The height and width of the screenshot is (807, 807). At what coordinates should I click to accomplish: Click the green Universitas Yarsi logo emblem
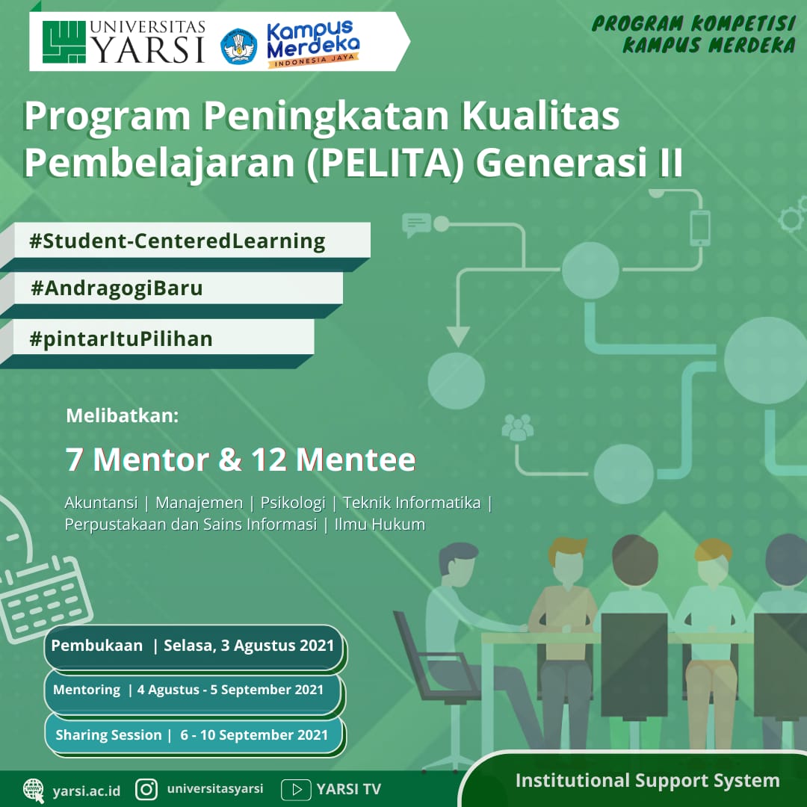click(64, 42)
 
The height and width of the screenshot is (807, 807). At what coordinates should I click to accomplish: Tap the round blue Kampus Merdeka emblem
click(239, 46)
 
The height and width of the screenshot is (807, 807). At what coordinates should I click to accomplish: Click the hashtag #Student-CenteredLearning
click(178, 241)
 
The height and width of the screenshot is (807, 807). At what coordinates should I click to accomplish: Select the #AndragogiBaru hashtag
click(117, 288)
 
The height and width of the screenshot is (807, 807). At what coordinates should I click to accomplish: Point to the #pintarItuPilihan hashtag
click(121, 339)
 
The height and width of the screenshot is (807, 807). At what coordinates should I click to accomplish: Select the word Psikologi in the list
click(293, 503)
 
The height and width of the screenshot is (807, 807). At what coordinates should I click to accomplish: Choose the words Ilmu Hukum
click(380, 525)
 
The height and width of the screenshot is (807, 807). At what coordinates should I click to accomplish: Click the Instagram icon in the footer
click(146, 789)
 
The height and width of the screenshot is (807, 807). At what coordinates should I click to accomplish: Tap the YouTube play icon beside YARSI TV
click(296, 790)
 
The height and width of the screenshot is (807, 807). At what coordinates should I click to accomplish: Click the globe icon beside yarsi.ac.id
click(34, 791)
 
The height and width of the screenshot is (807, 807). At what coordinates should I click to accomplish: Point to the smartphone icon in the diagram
click(700, 229)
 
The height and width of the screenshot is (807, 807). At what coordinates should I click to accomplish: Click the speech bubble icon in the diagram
click(416, 225)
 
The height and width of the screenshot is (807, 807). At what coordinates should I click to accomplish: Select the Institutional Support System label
click(647, 781)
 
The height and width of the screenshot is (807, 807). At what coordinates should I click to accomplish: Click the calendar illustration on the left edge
click(44, 599)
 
